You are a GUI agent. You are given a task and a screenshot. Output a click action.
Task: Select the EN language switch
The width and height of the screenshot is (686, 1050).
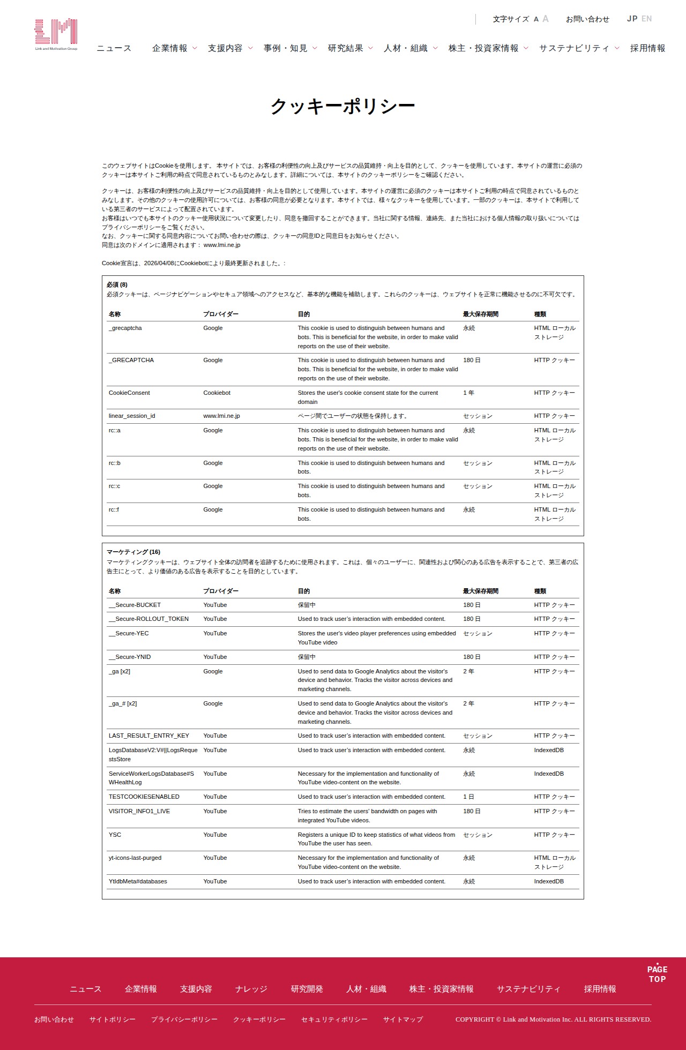(647, 19)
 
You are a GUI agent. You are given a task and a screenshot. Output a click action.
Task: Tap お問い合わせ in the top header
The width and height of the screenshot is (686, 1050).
(587, 19)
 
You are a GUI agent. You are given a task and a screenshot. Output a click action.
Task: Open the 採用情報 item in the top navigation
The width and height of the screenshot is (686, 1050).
(647, 48)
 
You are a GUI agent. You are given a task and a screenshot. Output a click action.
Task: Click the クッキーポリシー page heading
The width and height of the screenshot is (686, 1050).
(342, 106)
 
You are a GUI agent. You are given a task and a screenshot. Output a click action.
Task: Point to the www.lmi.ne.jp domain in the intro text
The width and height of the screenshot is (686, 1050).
(222, 245)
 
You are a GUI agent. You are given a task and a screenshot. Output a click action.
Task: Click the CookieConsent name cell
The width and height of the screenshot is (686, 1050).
(129, 393)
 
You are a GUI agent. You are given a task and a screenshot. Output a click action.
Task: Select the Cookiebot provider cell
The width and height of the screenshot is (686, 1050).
(217, 393)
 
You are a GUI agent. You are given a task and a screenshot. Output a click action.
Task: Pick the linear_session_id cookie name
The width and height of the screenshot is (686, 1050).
(132, 416)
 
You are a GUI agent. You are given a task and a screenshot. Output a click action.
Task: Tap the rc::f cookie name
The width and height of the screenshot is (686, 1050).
(114, 509)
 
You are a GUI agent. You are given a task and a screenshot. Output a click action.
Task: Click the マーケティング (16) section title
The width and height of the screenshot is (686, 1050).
(133, 552)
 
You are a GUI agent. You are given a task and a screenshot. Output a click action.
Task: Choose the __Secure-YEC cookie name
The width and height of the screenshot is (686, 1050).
(129, 633)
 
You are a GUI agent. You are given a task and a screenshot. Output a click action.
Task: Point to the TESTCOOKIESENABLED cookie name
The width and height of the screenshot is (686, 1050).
(144, 797)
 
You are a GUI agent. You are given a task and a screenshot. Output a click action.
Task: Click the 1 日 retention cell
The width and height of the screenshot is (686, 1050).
(468, 797)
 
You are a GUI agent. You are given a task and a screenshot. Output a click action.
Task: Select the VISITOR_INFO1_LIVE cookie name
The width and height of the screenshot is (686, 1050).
(139, 811)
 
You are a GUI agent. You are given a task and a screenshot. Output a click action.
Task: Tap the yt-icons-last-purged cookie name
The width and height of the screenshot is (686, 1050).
(135, 858)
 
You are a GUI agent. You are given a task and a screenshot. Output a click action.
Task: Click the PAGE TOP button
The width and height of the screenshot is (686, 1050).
(657, 973)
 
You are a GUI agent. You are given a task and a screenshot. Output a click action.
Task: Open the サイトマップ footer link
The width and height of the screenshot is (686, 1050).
(403, 1019)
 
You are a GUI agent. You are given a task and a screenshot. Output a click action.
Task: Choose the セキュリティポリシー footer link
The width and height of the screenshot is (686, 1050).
(334, 1019)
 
